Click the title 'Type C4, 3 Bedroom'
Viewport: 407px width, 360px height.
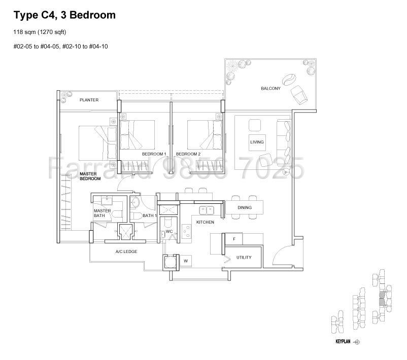coord(64,15)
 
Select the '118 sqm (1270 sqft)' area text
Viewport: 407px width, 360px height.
coord(43,33)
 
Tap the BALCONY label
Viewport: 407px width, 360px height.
coord(270,89)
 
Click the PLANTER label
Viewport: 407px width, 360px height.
coord(89,100)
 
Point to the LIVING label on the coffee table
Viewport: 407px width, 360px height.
coord(257,142)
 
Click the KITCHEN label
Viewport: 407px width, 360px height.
coord(205,222)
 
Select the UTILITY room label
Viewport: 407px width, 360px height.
coord(244,258)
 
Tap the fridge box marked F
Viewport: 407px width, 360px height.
coord(234,238)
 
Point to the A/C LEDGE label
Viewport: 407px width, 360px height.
coord(126,251)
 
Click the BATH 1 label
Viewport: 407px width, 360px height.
coord(149,216)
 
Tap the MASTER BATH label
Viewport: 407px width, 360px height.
coord(99,213)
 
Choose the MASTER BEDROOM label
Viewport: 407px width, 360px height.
coord(90,176)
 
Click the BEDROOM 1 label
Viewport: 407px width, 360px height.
coord(154,154)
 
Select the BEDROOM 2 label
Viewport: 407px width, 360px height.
coord(188,154)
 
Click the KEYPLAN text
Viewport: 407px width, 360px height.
coord(343,342)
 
